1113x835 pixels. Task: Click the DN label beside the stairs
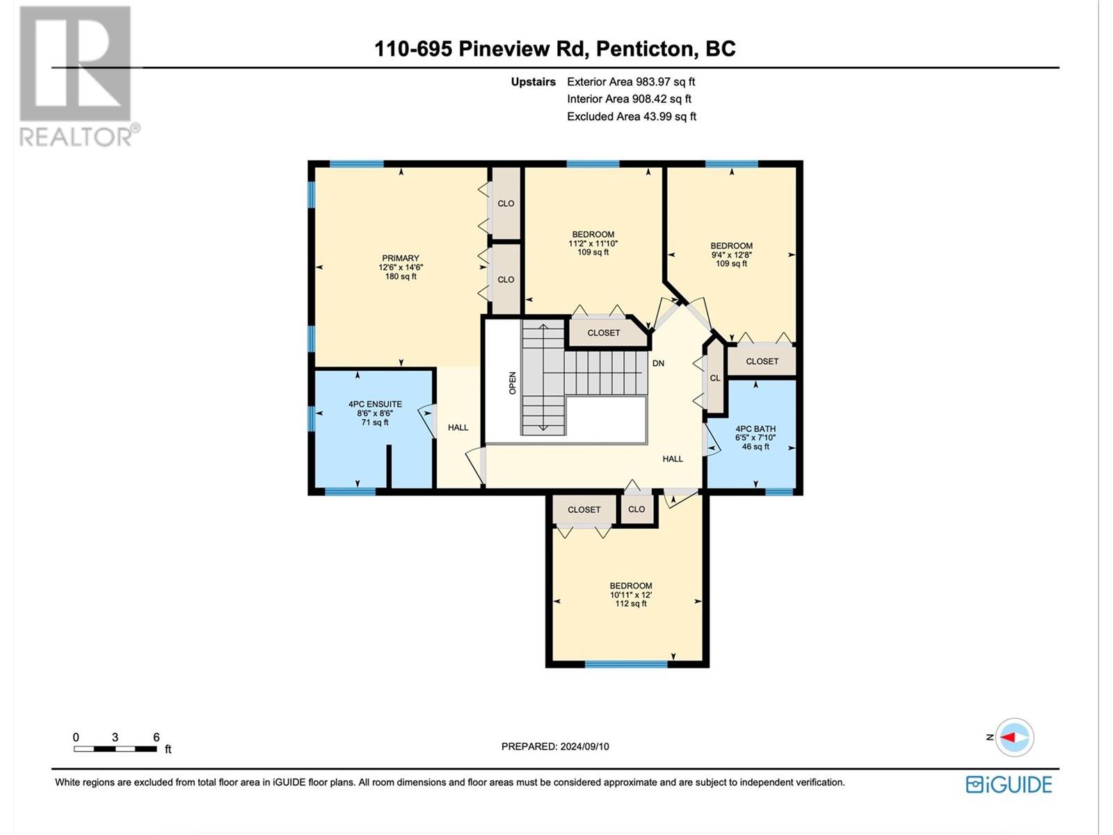click(x=658, y=363)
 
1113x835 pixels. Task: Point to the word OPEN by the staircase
click(x=513, y=383)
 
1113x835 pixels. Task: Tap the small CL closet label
click(x=715, y=379)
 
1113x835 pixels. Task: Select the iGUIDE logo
click(x=1009, y=785)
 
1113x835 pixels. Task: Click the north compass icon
click(x=1014, y=738)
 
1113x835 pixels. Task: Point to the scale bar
click(x=115, y=749)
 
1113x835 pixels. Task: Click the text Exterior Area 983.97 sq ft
click(x=631, y=81)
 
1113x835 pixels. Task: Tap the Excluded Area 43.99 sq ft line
click(x=632, y=117)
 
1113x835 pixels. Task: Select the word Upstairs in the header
click(x=533, y=81)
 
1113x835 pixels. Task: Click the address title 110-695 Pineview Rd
click(x=480, y=49)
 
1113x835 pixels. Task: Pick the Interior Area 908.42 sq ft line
click(x=629, y=99)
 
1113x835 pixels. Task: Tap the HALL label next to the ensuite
click(x=458, y=427)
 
